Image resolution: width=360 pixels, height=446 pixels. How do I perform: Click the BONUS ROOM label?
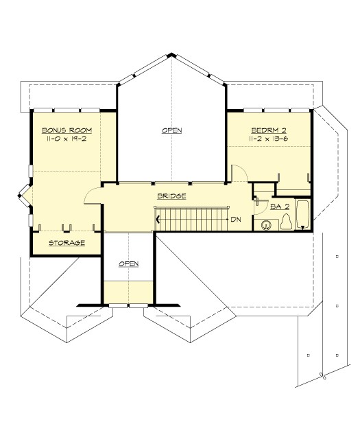(67, 130)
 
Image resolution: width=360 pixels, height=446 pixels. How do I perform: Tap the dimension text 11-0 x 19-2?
(67, 139)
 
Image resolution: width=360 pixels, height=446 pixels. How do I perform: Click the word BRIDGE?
(171, 196)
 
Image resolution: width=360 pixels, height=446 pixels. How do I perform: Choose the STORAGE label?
(67, 243)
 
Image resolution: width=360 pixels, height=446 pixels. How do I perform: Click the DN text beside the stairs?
(235, 220)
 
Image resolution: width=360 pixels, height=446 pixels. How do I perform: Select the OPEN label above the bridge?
(171, 130)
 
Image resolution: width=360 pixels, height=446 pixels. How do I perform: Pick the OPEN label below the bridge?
(129, 263)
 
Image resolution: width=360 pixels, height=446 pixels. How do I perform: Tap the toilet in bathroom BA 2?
(286, 221)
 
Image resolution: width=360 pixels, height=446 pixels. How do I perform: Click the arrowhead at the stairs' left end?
(160, 220)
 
